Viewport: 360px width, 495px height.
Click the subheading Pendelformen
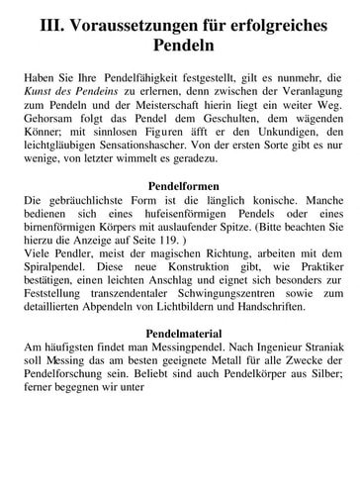pyautogui.click(x=180, y=186)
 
